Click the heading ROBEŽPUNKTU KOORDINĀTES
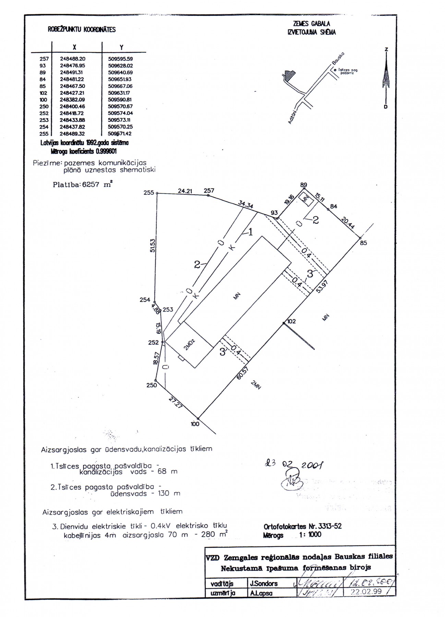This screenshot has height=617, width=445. pyautogui.click(x=82, y=29)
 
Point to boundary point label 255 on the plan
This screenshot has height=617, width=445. pyautogui.click(x=149, y=193)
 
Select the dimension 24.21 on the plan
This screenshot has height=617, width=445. pyautogui.click(x=185, y=191)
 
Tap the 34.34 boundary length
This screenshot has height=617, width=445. pyautogui.click(x=245, y=205)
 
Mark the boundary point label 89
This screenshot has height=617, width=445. pyautogui.click(x=303, y=185)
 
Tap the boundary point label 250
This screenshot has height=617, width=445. pyautogui.click(x=152, y=385)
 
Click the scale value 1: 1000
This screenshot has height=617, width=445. pyautogui.click(x=310, y=534)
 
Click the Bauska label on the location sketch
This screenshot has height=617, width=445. pyautogui.click(x=338, y=58)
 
